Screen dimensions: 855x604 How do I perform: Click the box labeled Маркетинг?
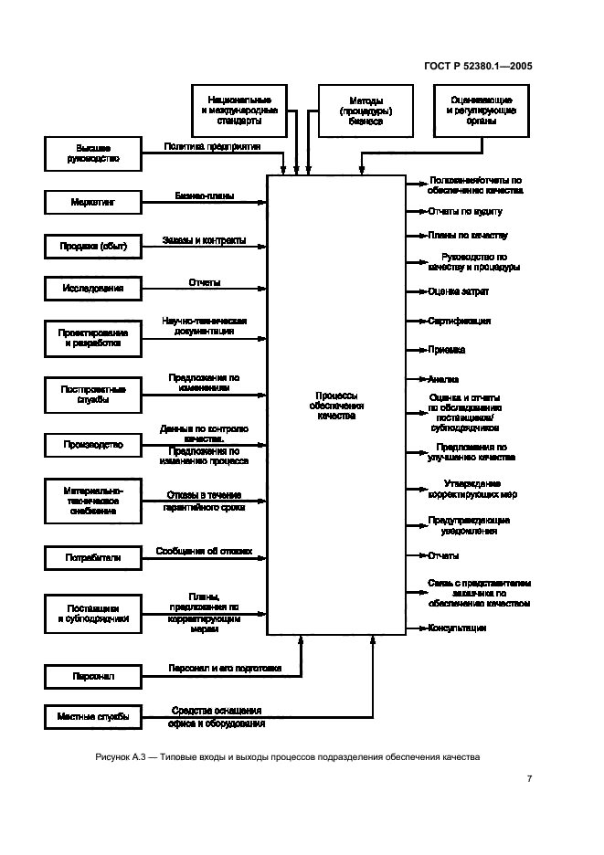click(x=93, y=199)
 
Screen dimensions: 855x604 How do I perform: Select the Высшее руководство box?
click(x=93, y=153)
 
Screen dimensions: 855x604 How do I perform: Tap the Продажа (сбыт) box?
click(x=93, y=247)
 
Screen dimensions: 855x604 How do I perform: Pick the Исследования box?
click(x=93, y=289)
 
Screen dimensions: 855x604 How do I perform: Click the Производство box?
click(x=93, y=445)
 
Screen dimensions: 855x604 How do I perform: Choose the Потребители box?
click(x=93, y=556)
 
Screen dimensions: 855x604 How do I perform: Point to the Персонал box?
click(x=93, y=677)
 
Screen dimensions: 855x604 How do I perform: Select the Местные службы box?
click(x=93, y=716)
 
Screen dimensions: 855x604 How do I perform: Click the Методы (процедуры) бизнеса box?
click(x=353, y=111)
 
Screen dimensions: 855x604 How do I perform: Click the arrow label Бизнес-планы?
click(x=205, y=195)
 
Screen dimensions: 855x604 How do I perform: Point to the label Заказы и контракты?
click(x=204, y=241)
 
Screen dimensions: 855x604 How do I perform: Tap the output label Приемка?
click(x=446, y=350)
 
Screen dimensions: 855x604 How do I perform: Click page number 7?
click(x=530, y=779)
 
